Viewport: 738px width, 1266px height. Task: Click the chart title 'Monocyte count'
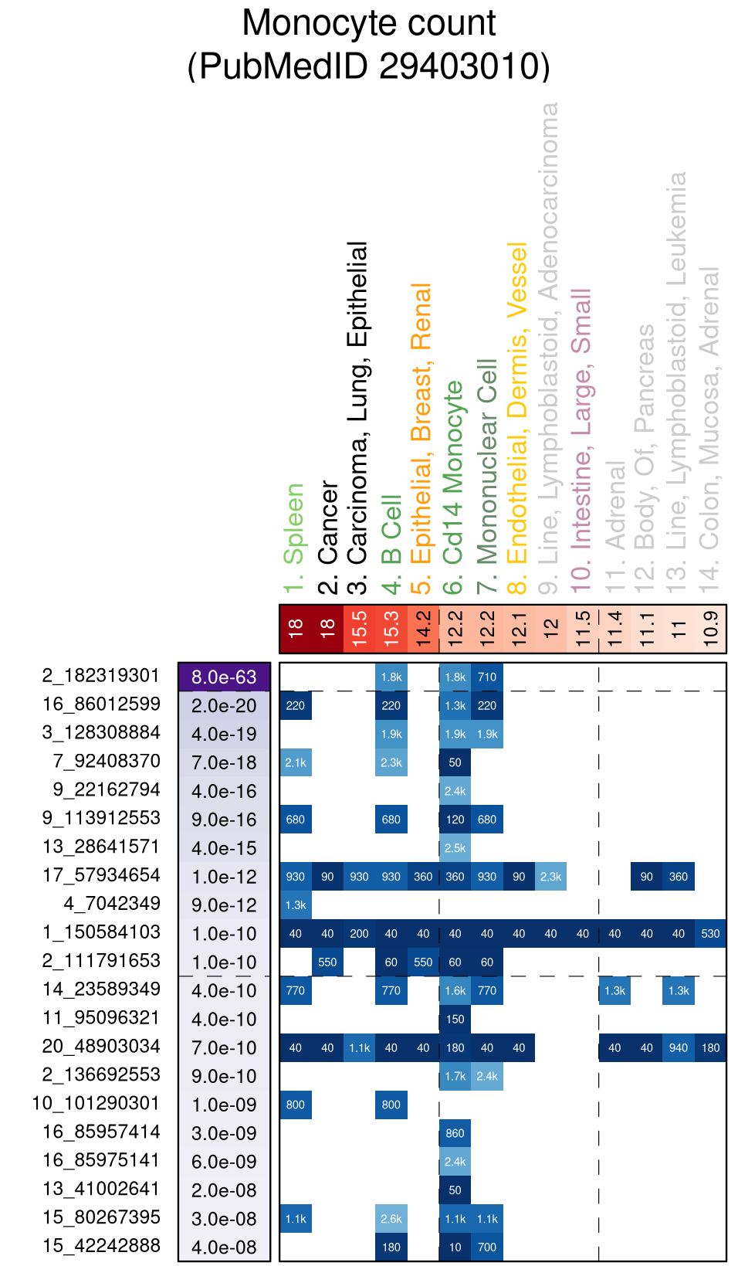(369, 23)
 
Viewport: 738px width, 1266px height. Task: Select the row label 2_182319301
(101, 676)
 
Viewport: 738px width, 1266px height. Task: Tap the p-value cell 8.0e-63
(224, 677)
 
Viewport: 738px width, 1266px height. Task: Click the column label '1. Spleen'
(294, 538)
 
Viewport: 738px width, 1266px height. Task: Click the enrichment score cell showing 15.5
(359, 629)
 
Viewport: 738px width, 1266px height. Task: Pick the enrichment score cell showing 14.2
(423, 629)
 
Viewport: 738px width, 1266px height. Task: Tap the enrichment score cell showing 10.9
(711, 629)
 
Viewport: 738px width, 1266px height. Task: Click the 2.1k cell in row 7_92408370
(296, 762)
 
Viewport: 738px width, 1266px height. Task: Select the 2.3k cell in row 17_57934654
(550, 877)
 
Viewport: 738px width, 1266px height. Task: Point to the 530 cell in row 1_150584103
(710, 934)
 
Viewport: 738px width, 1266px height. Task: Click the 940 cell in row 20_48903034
(679, 1048)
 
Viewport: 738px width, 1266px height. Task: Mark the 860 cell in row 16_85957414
(455, 1134)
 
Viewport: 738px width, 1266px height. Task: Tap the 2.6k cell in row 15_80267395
(391, 1219)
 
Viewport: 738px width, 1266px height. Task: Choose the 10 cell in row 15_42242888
(455, 1247)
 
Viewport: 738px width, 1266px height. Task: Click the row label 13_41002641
(101, 1190)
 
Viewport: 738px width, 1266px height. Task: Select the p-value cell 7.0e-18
(224, 763)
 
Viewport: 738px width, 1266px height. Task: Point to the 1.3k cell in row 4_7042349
(296, 905)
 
